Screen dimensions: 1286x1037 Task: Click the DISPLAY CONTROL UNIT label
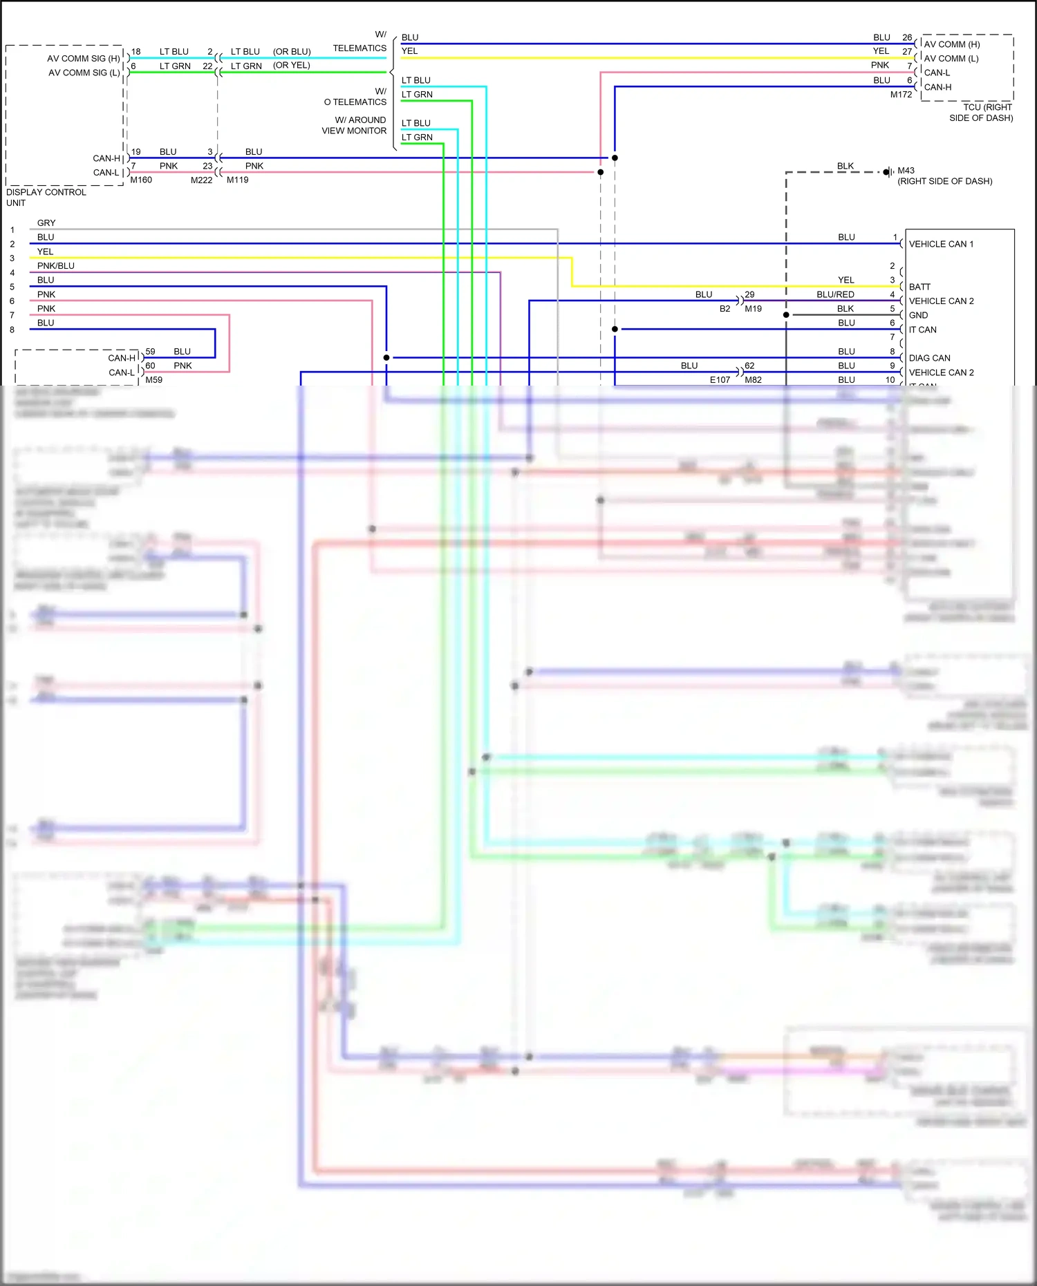(46, 197)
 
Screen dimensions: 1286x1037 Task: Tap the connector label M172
(901, 95)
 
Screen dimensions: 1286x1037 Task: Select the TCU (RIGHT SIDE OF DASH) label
(981, 113)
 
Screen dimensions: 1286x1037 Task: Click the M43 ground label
(906, 171)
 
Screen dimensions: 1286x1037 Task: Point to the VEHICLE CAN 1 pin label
(941, 244)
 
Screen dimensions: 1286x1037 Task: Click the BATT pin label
(919, 287)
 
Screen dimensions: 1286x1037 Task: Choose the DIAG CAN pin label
(929, 358)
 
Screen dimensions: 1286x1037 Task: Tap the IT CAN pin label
(922, 330)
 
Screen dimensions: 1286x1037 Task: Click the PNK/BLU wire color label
(56, 266)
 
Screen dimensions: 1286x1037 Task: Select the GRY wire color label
(46, 223)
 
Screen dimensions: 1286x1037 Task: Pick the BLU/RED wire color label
(835, 294)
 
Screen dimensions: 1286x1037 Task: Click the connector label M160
(141, 180)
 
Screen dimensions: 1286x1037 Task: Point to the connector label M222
(201, 180)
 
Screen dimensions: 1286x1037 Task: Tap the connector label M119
(237, 180)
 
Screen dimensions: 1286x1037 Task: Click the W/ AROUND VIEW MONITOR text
(354, 125)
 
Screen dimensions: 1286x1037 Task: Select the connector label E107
(720, 379)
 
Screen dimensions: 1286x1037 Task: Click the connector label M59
(153, 379)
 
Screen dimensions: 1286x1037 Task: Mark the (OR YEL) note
(291, 66)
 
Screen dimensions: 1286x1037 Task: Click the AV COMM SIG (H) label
(83, 59)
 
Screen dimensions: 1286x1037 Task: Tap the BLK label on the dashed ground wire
(845, 167)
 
